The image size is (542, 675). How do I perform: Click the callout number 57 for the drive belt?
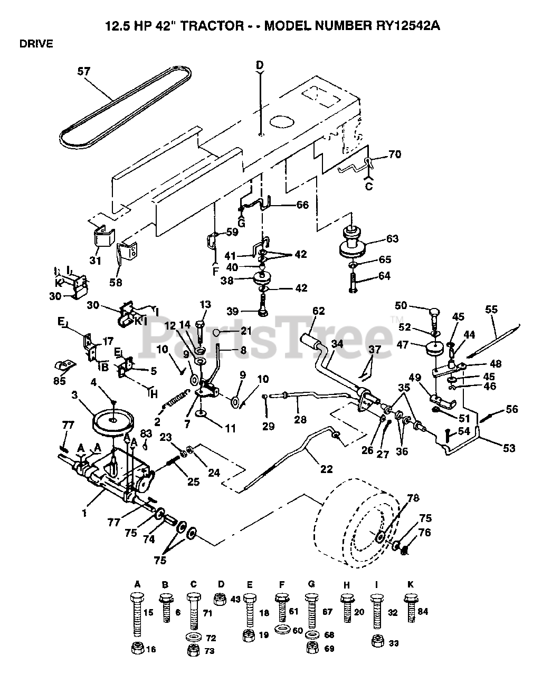click(84, 72)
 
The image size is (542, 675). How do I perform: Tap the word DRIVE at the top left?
click(36, 44)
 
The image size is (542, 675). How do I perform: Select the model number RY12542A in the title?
click(408, 26)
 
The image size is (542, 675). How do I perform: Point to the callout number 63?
click(392, 239)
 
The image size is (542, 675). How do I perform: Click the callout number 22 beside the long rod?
click(326, 469)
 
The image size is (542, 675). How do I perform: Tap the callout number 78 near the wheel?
click(413, 498)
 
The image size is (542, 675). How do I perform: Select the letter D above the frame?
click(260, 65)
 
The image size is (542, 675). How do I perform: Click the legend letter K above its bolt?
click(410, 584)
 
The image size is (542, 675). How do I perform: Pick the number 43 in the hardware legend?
click(235, 599)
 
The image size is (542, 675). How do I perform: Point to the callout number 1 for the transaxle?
click(84, 513)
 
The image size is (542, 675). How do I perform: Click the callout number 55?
click(491, 309)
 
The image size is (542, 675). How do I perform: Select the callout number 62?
click(318, 311)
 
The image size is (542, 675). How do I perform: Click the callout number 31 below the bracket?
click(95, 261)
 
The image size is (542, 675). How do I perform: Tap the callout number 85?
click(59, 381)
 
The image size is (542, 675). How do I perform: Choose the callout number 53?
click(509, 448)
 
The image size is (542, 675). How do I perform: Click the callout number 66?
click(302, 205)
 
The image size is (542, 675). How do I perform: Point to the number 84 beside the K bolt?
click(423, 611)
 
